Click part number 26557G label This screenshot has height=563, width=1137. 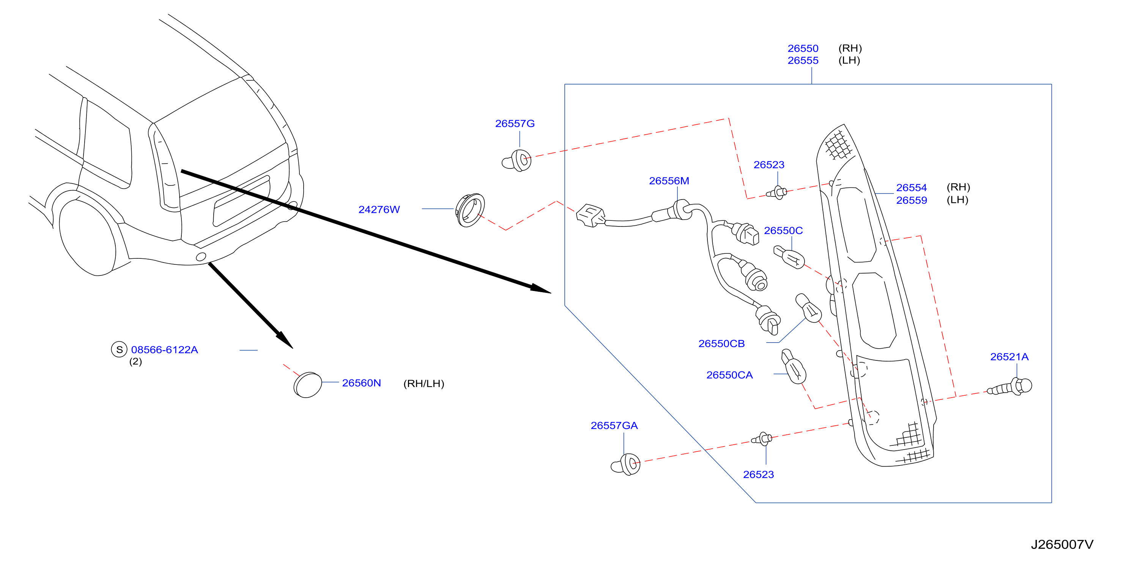tap(515, 124)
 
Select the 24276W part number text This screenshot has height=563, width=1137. tap(379, 209)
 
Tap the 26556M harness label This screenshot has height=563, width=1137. tap(669, 181)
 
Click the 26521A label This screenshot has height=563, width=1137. tap(1009, 357)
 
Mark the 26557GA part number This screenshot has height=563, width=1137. tap(614, 426)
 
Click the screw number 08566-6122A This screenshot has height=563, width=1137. tap(164, 350)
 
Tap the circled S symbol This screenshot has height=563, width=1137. tap(119, 349)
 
